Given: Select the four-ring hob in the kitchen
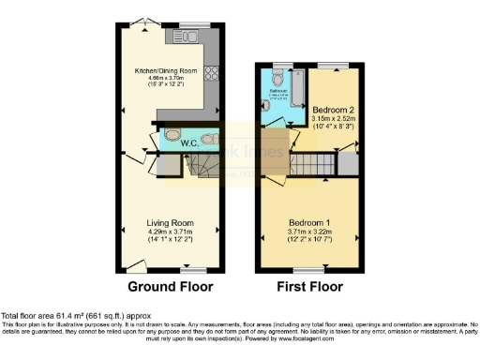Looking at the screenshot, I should point(211,75).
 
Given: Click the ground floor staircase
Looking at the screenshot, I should point(202,166).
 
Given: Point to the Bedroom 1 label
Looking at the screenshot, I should point(309,217).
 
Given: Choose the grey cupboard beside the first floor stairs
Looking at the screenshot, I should point(348,164).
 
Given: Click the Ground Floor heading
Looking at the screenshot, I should point(170,287).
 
